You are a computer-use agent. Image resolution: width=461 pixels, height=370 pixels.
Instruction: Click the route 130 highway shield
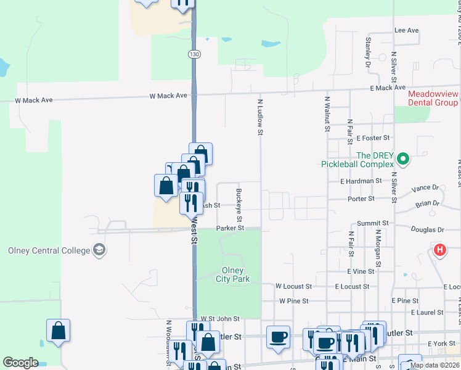[195, 54]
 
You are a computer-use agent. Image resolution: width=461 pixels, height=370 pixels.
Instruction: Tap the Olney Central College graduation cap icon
[99, 250]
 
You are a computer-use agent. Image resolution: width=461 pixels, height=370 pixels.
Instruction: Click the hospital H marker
[439, 250]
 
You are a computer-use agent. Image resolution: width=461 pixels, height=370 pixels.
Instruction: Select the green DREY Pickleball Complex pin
[403, 159]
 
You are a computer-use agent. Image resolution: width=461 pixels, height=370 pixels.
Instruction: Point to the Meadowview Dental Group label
[433, 98]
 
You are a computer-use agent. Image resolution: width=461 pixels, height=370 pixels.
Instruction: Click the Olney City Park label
[232, 274]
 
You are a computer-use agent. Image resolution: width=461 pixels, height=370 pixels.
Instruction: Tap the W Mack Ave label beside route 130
[168, 96]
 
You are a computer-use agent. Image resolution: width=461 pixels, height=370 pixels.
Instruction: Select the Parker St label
[230, 228]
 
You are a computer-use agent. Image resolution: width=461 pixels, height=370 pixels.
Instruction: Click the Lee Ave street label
[406, 30]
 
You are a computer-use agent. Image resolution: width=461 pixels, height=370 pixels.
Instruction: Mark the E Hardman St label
[361, 181]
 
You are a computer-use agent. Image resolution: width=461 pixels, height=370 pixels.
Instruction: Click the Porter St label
[361, 199]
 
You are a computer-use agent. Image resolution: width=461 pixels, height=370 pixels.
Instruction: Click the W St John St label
[219, 319]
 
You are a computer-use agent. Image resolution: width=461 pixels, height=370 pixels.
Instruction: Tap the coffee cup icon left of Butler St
[277, 337]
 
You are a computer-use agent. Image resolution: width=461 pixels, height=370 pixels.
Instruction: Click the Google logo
[20, 363]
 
